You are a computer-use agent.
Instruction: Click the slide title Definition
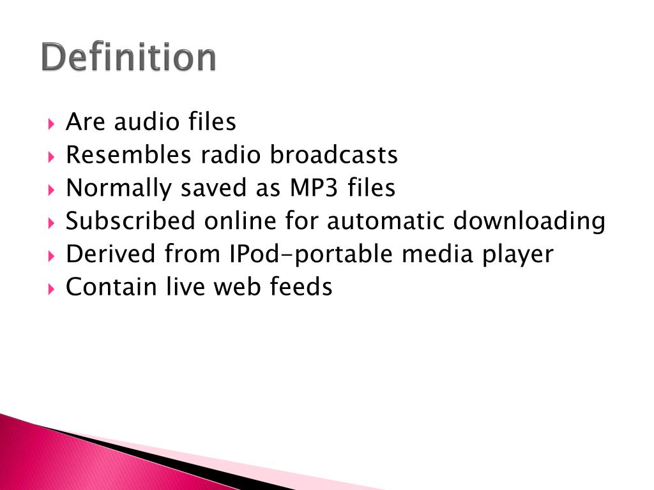(128, 57)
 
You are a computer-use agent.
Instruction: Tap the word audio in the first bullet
(146, 122)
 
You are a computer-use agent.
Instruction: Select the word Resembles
(128, 154)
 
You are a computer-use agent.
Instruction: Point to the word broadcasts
(334, 154)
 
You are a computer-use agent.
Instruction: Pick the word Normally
(119, 188)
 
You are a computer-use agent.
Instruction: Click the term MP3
(314, 188)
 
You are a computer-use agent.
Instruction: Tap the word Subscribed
(130, 221)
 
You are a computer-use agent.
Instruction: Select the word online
(240, 221)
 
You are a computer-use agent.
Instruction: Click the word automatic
(385, 221)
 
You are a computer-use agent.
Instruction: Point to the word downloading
(529, 221)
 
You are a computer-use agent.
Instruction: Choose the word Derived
(110, 254)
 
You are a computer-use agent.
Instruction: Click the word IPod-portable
(311, 255)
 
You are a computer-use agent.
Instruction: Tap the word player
(518, 255)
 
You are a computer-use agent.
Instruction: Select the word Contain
(111, 286)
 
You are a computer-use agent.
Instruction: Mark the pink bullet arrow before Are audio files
(51, 124)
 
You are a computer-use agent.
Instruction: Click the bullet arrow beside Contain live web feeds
(51, 289)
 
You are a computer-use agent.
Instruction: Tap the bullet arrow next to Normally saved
(51, 190)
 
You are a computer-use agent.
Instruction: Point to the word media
(437, 254)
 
